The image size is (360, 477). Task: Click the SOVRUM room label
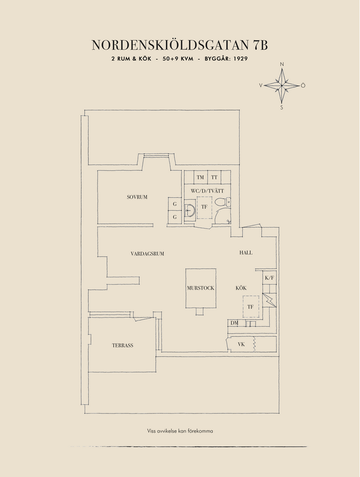pyautogui.click(x=137, y=197)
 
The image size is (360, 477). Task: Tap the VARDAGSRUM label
pyautogui.click(x=147, y=253)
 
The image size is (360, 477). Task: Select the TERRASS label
pyautogui.click(x=123, y=346)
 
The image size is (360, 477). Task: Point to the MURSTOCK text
pyautogui.click(x=201, y=288)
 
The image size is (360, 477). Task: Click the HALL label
pyautogui.click(x=246, y=253)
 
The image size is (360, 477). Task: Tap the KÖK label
pyautogui.click(x=241, y=288)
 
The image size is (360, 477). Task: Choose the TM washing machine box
pyautogui.click(x=200, y=177)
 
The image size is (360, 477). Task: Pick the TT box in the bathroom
pyautogui.click(x=214, y=177)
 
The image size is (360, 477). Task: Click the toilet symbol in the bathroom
pyautogui.click(x=222, y=202)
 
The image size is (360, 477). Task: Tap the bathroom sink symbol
pyautogui.click(x=189, y=210)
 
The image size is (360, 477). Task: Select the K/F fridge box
pyautogui.click(x=269, y=278)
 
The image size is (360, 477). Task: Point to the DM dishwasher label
pyautogui.click(x=234, y=323)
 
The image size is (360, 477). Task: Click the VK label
pyautogui.click(x=241, y=344)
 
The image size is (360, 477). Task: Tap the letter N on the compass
pyautogui.click(x=282, y=64)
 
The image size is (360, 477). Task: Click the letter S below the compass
pyautogui.click(x=282, y=107)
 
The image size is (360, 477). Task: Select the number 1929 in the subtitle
pyautogui.click(x=240, y=59)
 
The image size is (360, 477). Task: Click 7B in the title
pyautogui.click(x=260, y=45)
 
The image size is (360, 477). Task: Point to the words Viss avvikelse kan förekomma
pyautogui.click(x=180, y=431)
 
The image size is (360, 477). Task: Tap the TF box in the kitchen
pyautogui.click(x=251, y=307)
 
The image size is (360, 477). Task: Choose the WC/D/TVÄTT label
pyautogui.click(x=207, y=191)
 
